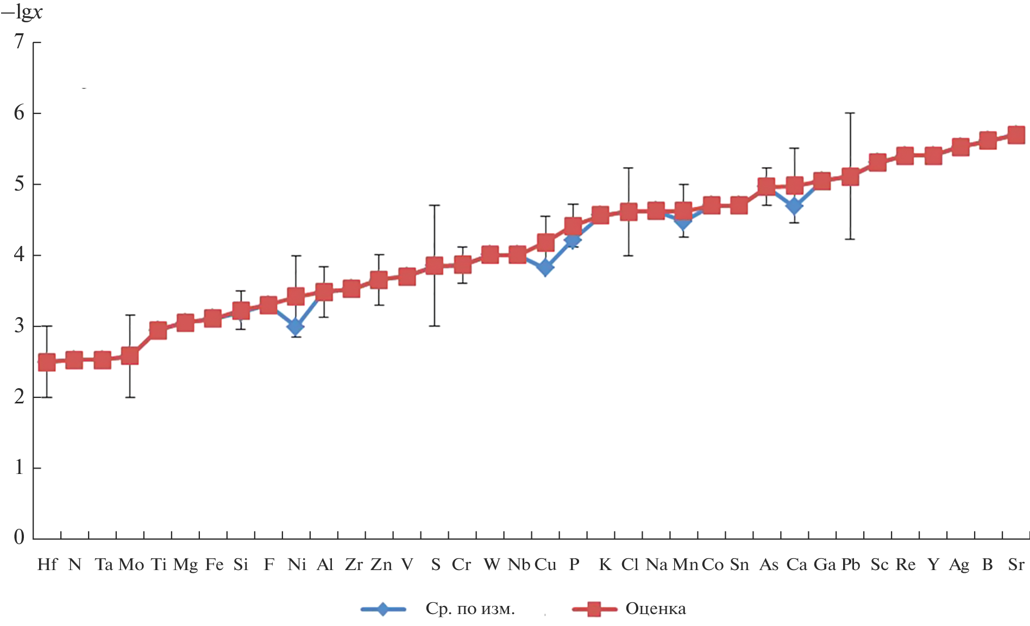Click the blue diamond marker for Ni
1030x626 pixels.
(296, 327)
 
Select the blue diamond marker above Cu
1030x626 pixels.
(545, 268)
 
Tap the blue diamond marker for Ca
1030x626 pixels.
(794, 206)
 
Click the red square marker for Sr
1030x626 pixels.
(1016, 134)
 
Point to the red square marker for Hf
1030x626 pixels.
(47, 362)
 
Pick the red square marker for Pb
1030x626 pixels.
(850, 176)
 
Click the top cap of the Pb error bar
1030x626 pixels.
(850, 113)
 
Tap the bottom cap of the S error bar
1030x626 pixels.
(434, 326)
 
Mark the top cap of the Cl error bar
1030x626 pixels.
(629, 168)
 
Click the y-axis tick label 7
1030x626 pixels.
(20, 42)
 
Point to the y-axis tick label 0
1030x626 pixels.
(20, 538)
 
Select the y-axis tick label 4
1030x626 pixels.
(20, 255)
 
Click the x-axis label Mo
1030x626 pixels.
(131, 565)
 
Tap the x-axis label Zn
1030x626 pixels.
(381, 565)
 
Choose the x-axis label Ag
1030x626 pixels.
(959, 565)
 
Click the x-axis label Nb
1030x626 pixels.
(519, 565)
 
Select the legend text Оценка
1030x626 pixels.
(656, 609)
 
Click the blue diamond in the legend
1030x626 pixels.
(383, 609)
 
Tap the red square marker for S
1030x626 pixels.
(434, 265)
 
